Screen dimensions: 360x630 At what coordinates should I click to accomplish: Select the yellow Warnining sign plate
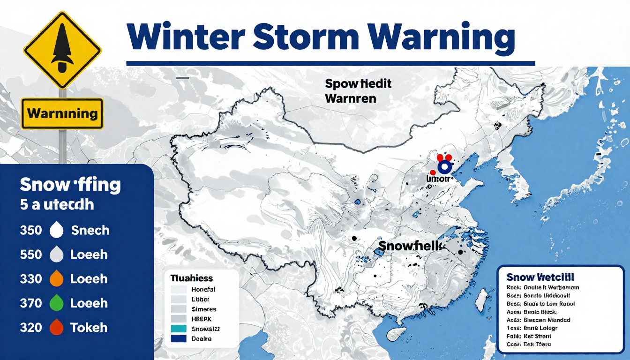tap(62, 113)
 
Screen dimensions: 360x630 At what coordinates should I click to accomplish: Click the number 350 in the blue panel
tap(31, 231)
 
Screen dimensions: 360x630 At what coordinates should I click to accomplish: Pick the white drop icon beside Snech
tap(56, 230)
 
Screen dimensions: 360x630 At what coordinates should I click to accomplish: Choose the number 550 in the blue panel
tap(31, 255)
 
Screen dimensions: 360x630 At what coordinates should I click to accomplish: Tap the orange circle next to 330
tap(56, 279)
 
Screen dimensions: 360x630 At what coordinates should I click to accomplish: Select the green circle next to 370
tap(56, 303)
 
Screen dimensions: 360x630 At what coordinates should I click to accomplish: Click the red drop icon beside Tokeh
tap(56, 328)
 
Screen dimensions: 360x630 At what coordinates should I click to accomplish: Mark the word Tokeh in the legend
tap(89, 328)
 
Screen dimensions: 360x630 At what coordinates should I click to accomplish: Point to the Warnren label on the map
tap(350, 99)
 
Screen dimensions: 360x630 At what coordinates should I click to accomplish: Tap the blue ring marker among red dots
tap(443, 167)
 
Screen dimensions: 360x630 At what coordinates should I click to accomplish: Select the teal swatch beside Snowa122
tap(179, 329)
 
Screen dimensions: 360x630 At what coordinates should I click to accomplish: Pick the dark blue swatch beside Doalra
tap(179, 338)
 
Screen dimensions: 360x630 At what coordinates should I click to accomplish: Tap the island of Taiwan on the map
tap(481, 300)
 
